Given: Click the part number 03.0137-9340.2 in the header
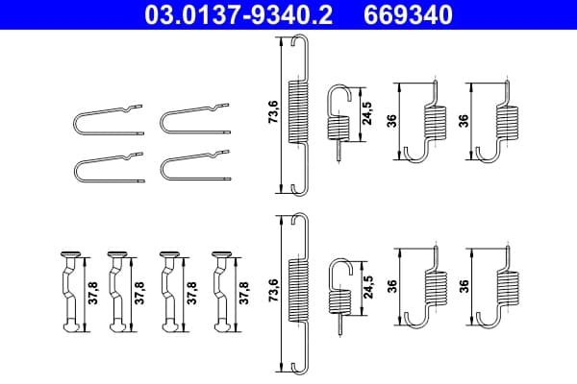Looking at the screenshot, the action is (238, 14).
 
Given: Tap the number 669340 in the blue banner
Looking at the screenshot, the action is (408, 14).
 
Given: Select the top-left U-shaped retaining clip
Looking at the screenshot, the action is (108, 120).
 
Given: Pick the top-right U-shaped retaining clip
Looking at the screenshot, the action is (195, 119).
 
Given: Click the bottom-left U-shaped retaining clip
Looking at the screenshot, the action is (108, 167).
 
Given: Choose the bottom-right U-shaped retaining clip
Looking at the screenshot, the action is (195, 166).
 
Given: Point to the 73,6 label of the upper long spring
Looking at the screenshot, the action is (273, 111).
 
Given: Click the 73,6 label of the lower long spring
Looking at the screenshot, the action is (273, 290).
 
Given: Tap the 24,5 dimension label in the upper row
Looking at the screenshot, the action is (367, 113).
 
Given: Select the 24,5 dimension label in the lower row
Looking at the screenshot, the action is (368, 287).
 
